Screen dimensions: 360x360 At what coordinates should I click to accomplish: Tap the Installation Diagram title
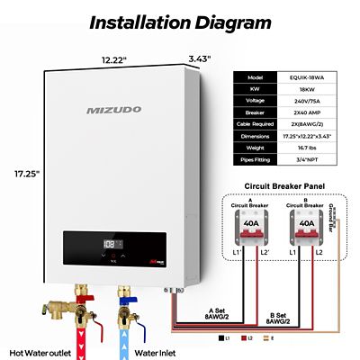click(180, 21)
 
